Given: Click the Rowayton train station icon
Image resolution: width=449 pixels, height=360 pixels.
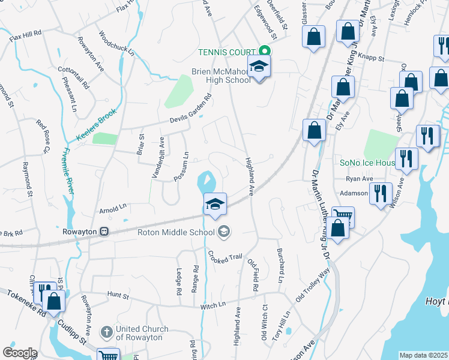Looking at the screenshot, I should pyautogui.click(x=104, y=231).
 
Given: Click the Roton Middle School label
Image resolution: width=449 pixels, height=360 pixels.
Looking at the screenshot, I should pyautogui.click(x=176, y=232).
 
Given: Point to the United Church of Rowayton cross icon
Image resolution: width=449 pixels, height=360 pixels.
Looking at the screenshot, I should pyautogui.click(x=106, y=331).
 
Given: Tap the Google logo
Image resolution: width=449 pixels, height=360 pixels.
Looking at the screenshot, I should pyautogui.click(x=20, y=352).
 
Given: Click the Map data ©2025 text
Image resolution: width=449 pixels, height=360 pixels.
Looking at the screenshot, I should pyautogui.click(x=423, y=355).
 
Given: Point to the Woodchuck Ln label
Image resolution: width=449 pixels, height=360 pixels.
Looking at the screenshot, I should pyautogui.click(x=116, y=43).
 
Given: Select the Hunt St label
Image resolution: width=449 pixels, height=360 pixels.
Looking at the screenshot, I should pyautogui.click(x=118, y=295).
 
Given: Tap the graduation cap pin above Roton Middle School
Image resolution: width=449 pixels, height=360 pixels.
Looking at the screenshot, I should pyautogui.click(x=215, y=203).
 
